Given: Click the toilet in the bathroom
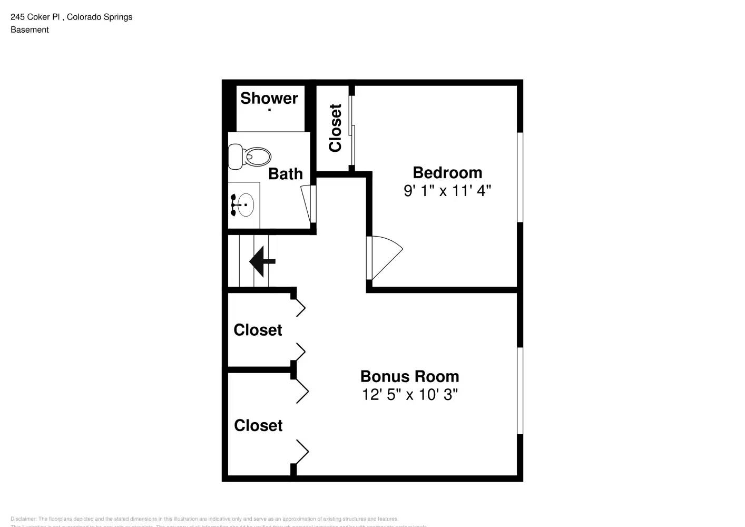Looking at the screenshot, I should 250,157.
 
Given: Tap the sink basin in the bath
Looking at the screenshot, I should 244,204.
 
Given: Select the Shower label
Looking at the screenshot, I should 269,98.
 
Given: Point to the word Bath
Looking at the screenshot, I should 285,173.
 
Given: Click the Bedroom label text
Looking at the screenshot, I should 447,172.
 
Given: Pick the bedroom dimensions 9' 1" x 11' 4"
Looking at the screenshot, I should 447,190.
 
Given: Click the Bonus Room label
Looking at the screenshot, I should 409,376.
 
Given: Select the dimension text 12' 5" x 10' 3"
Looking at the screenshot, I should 409,394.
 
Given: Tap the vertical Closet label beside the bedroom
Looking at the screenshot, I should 335,128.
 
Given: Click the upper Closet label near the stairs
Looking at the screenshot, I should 258,330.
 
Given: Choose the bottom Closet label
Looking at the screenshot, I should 258,425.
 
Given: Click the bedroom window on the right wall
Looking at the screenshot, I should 520,177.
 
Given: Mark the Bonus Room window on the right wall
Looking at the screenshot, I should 520,391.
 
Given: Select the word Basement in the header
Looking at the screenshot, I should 30,30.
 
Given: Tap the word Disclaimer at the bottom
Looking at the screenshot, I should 23,519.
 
